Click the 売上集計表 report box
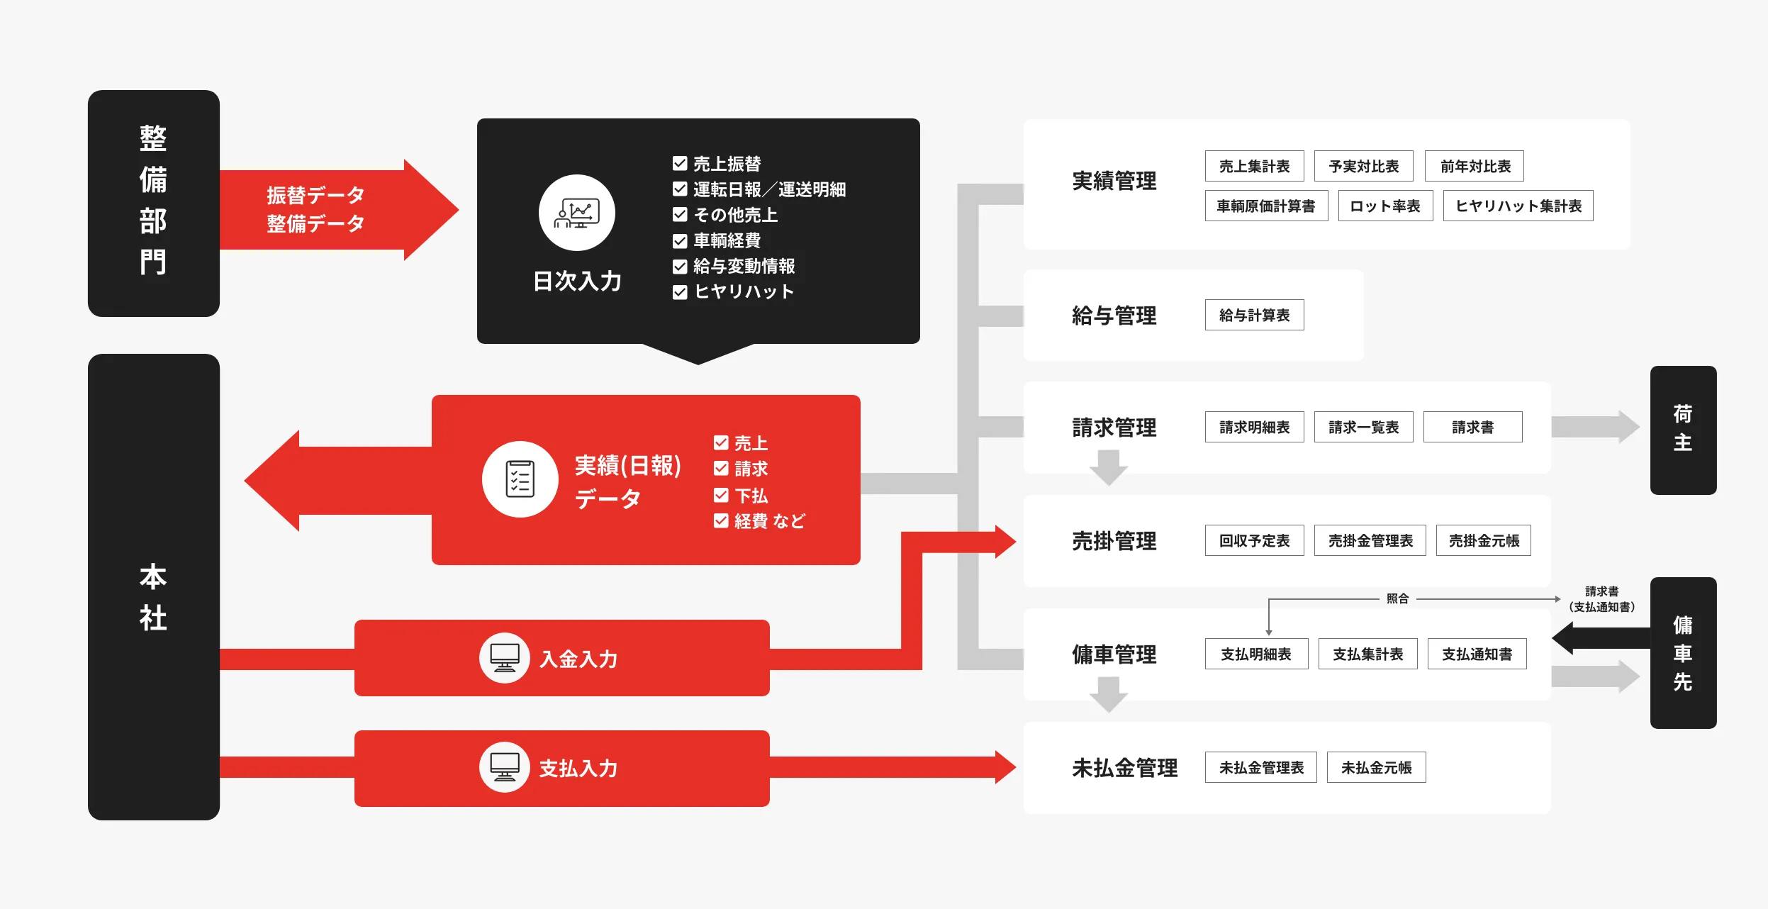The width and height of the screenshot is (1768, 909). coord(1254,166)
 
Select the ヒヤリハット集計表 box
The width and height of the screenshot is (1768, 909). coord(1518,206)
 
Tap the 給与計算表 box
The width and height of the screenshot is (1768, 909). coord(1254,315)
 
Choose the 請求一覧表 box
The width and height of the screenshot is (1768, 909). coord(1363,427)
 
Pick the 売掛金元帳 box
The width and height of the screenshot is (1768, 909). coord(1483,540)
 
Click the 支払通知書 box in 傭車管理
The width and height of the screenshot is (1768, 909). coord(1477,654)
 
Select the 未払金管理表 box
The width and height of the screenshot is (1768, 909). coord(1260,767)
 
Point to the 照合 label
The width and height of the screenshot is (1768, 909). coord(1397,598)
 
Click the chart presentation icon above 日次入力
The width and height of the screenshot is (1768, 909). coord(576,213)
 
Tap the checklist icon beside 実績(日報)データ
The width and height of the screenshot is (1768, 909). coord(520,479)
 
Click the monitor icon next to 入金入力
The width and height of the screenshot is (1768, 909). coord(504,658)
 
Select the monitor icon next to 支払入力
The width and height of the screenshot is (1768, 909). coord(504,767)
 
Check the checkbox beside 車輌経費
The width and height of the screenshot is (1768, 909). coord(680,241)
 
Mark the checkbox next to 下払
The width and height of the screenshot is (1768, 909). coord(721,495)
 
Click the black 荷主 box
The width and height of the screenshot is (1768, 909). coord(1683,430)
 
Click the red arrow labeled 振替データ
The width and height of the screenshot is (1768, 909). coord(333,209)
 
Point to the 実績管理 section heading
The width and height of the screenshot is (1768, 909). coord(1114,182)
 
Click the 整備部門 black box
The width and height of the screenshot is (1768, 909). coord(153,203)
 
